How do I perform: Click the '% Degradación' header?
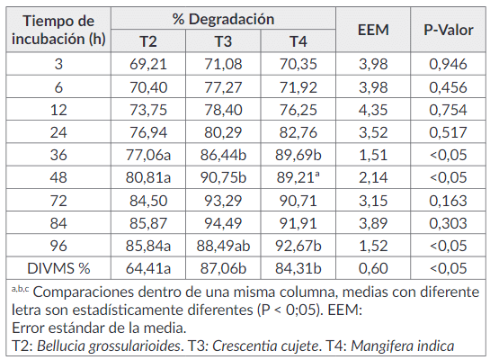[x=223, y=18]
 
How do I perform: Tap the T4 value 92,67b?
[x=298, y=244]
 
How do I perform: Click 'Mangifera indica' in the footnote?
[x=405, y=345]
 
